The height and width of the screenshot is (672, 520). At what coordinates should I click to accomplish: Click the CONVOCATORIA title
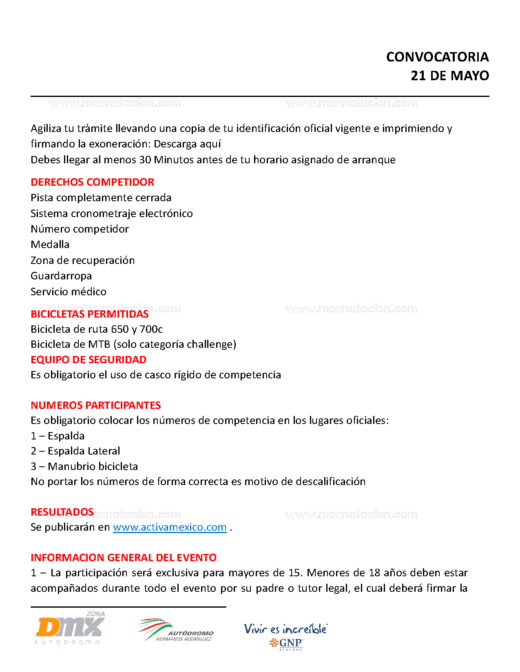pos(437,57)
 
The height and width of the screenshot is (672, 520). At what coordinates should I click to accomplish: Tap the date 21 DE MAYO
pos(449,76)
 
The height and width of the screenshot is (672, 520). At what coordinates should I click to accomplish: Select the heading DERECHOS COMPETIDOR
pos(93,182)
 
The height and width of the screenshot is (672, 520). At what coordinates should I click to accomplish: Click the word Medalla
pos(50,244)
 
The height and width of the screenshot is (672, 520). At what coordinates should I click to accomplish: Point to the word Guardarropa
pos(61,276)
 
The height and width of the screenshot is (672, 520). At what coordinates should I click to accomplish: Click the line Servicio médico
pos(69,292)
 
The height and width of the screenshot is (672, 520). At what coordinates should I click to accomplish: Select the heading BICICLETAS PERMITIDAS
pos(90,314)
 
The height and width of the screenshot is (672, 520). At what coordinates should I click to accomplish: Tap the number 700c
pos(151,329)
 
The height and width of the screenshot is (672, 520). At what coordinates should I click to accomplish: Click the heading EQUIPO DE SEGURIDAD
pos(89,360)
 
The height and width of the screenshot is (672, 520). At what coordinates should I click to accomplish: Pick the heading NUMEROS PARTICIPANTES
pos(96,405)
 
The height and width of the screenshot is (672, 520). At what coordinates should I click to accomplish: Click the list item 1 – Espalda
pos(58,436)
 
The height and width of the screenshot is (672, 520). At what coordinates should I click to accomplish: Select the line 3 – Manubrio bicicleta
pos(84,466)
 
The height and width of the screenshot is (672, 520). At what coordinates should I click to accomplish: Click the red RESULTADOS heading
pos(62,512)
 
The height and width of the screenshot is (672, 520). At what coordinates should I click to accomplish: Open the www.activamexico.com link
pos(170,527)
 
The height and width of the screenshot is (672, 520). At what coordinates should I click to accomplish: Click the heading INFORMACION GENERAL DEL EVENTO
pos(124,558)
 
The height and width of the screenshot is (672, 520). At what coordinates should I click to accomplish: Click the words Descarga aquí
pos(187,144)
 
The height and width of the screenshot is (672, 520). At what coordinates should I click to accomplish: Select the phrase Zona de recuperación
pos(83,260)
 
